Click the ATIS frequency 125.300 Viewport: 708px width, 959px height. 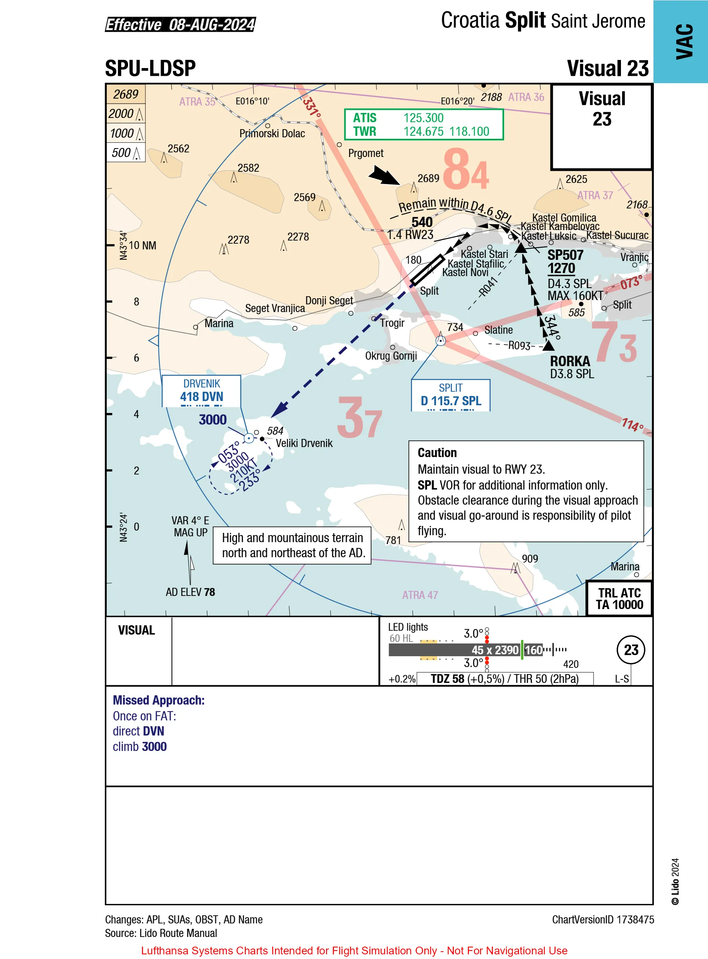pos(423,118)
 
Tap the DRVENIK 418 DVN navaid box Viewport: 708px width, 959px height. pos(202,391)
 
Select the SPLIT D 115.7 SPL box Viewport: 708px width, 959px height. pos(450,395)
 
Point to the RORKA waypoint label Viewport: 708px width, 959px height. pos(569,361)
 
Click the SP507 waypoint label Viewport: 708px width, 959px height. pos(565,255)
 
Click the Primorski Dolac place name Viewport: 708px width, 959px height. pos(272,134)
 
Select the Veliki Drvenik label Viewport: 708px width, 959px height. pos(304,443)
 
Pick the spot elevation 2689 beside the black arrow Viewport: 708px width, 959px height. pos(428,178)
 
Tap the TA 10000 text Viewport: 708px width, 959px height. pos(619,605)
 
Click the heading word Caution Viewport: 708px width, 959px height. pos(437,453)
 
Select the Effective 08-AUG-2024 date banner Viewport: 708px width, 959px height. pos(180,25)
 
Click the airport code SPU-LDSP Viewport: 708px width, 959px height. pos(150,68)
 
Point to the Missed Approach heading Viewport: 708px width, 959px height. pos(159,700)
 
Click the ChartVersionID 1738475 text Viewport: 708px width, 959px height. pos(602,920)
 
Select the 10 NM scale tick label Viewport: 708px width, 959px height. pos(142,246)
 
